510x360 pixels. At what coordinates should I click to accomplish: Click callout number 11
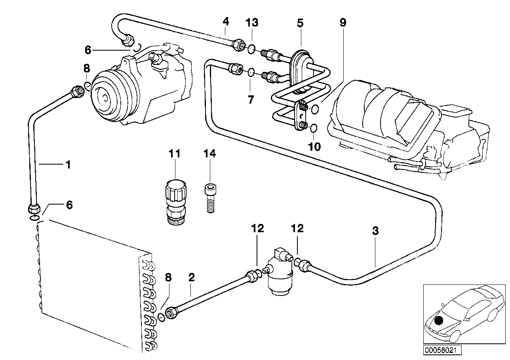click(x=175, y=153)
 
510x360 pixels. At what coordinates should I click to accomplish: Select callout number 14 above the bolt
click(x=210, y=153)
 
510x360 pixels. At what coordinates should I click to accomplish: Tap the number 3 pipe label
click(x=375, y=231)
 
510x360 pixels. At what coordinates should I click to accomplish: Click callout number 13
click(x=252, y=23)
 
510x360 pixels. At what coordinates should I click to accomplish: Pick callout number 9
click(x=343, y=23)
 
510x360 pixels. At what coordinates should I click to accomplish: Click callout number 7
click(x=251, y=99)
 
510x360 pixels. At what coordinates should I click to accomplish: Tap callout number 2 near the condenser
click(x=192, y=277)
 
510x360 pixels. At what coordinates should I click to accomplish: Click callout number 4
click(x=225, y=21)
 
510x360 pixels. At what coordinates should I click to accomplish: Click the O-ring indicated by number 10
click(x=313, y=128)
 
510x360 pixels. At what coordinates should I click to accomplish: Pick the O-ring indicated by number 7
click(x=251, y=72)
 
